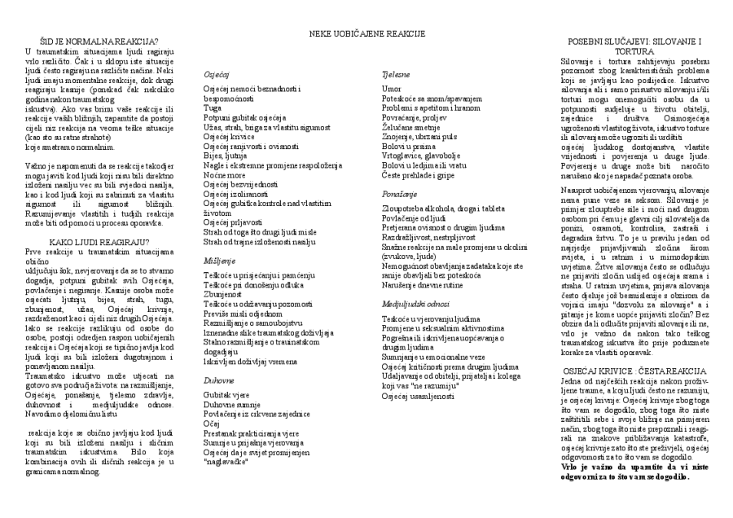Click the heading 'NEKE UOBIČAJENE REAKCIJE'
(x=366, y=33)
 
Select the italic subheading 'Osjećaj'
(x=216, y=73)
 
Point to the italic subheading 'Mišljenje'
(x=220, y=260)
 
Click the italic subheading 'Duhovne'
(x=218, y=380)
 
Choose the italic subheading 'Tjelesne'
(x=395, y=73)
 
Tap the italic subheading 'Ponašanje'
(x=400, y=173)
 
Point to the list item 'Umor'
(x=391, y=88)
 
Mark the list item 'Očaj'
(x=212, y=424)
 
